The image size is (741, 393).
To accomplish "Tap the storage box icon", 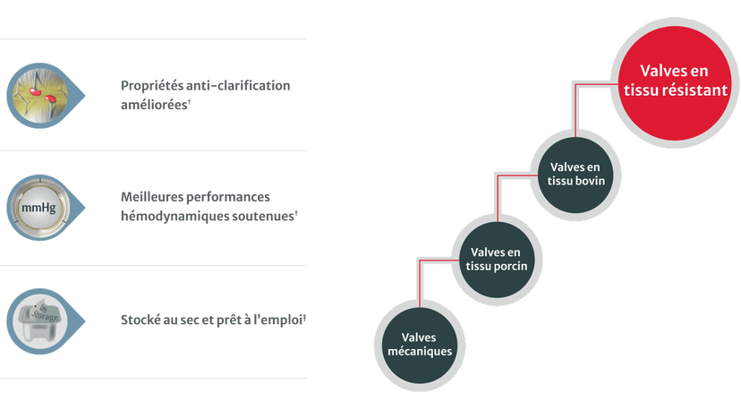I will [38, 320].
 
